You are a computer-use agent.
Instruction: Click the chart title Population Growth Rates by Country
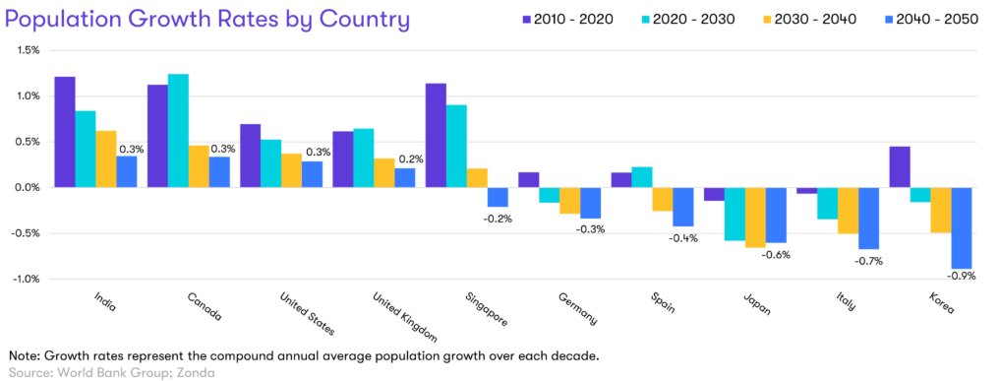[x=207, y=21]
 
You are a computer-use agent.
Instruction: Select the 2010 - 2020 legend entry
[x=564, y=19]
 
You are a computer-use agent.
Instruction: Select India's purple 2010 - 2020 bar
[x=65, y=132]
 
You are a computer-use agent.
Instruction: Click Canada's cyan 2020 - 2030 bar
[x=178, y=131]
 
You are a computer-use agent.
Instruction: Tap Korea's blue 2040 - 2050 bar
[x=962, y=227]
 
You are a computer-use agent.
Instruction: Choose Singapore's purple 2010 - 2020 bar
[x=436, y=135]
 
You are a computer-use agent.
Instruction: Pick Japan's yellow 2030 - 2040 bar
[x=756, y=218]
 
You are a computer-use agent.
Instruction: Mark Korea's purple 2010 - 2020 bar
[x=900, y=167]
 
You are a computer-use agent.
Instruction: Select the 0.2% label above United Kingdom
[x=407, y=159]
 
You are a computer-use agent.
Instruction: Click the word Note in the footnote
[x=23, y=355]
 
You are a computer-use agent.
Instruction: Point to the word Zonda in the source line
[x=200, y=373]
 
